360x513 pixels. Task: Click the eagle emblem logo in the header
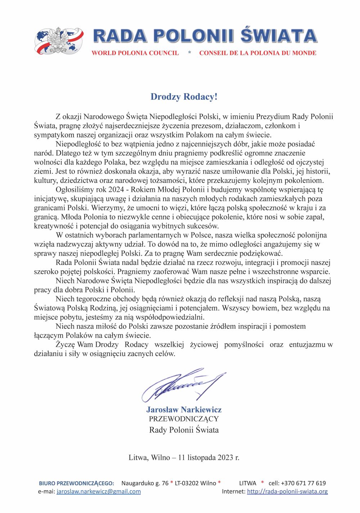tap(59, 41)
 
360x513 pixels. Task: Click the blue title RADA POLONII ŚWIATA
tap(205, 36)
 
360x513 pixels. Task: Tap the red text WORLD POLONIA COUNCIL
tap(135, 53)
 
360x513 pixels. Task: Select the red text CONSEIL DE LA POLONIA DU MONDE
tap(258, 53)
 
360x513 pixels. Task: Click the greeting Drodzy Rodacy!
tap(184, 96)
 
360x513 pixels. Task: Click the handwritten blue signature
tap(183, 385)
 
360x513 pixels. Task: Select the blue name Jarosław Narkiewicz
tap(184, 410)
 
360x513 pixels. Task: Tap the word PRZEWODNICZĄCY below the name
tap(184, 419)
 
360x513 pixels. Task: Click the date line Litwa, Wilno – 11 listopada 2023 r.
tap(184, 458)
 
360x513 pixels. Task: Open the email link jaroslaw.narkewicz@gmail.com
tap(99, 491)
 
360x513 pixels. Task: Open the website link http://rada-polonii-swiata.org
tap(287, 491)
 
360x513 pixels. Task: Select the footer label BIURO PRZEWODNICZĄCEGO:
tap(76, 483)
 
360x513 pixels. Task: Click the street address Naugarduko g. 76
tap(145, 483)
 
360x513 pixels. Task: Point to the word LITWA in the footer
tap(248, 483)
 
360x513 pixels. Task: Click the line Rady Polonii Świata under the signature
tap(184, 430)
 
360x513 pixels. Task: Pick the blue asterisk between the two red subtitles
tap(189, 53)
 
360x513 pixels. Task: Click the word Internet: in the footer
tap(233, 491)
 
